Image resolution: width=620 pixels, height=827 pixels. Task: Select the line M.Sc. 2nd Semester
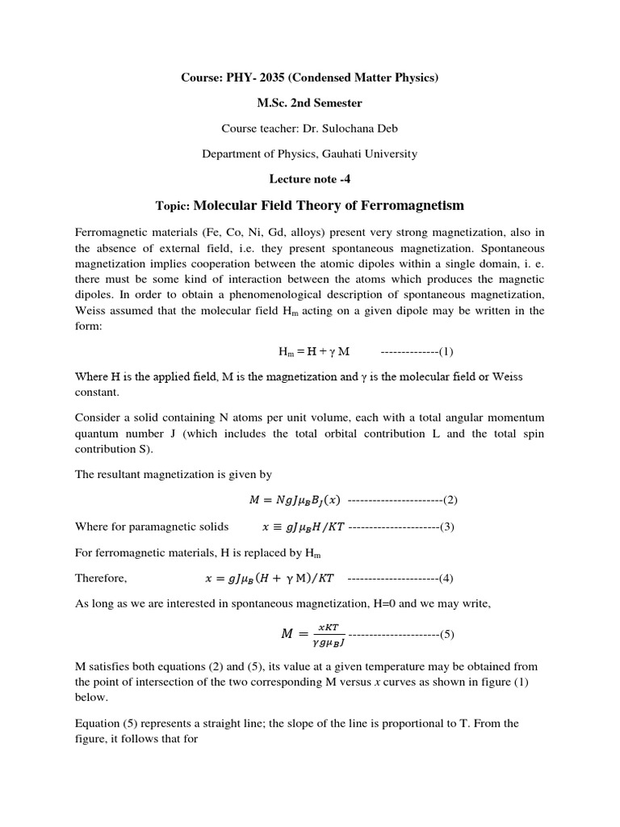pyautogui.click(x=309, y=103)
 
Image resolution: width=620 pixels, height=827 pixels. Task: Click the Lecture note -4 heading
pyautogui.click(x=309, y=178)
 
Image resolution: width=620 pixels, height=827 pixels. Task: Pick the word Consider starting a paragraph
pyautogui.click(x=99, y=417)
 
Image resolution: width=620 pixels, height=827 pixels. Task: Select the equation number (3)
pyautogui.click(x=446, y=527)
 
